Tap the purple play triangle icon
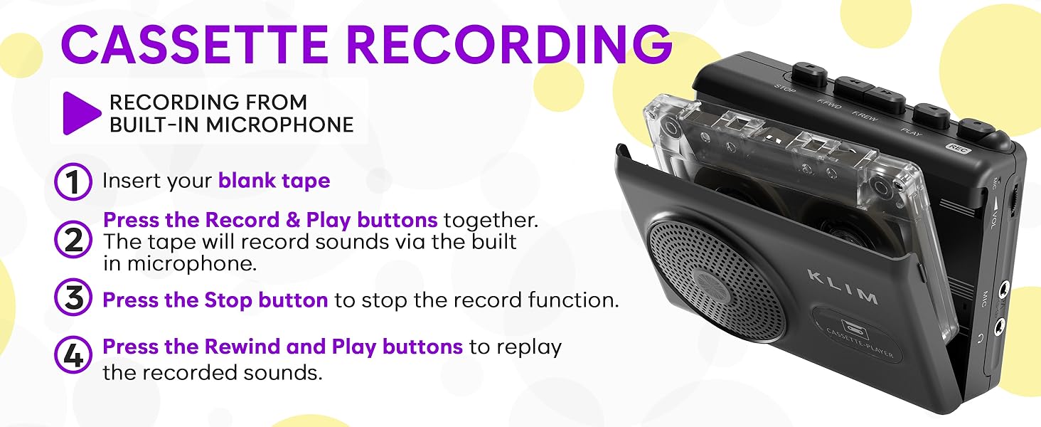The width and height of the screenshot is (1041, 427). (82, 113)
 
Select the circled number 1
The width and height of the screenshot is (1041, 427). (73, 181)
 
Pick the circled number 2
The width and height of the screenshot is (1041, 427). (73, 241)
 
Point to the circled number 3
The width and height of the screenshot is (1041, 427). (73, 300)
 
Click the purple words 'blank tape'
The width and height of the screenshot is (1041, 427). (274, 181)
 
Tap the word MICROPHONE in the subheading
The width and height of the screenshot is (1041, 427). (279, 125)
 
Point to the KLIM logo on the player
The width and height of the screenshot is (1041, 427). (843, 286)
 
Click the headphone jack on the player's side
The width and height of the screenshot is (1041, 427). (1000, 326)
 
